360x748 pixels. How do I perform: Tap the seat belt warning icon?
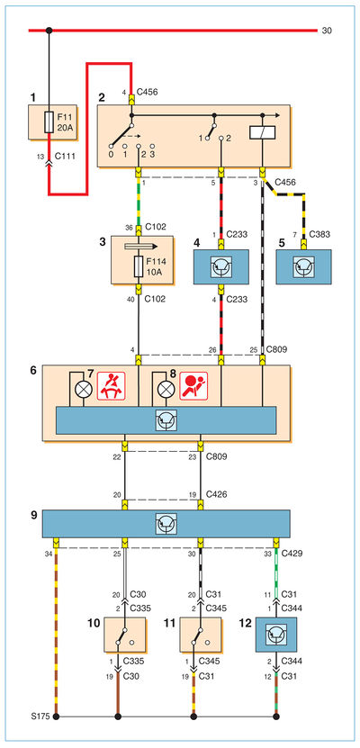pos(111,386)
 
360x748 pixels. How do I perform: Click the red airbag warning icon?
pos(193,386)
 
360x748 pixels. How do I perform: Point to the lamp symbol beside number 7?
pos(84,388)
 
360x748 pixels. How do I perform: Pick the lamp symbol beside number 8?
pos(166,388)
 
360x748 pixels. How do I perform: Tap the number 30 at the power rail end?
pos(327,31)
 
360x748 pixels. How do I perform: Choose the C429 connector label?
pos(291,554)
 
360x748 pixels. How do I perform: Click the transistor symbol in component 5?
pos(303,267)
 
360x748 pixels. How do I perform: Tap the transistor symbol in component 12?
pos(276,635)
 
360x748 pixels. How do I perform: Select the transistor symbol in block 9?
pos(166,523)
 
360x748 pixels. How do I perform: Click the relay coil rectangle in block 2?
pos(263,132)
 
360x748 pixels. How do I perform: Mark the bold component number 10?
pos(94,622)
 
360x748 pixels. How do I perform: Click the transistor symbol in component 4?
pos(221,267)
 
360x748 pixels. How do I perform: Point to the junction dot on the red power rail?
pos(49,31)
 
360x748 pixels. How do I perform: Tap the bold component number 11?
pos(168,622)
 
